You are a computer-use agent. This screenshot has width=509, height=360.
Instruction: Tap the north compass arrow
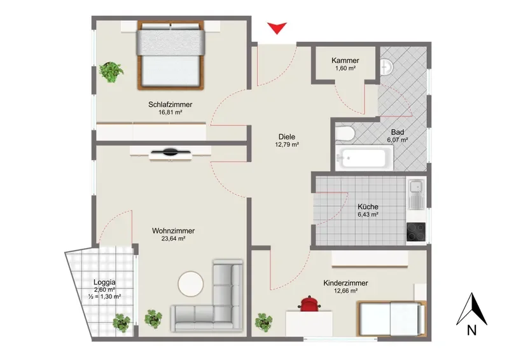click(x=471, y=309)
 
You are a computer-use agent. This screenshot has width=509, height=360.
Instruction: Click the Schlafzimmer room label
click(x=170, y=104)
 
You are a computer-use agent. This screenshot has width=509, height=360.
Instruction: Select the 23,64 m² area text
click(x=173, y=239)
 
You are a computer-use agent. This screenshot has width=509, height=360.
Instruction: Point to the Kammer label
click(x=345, y=60)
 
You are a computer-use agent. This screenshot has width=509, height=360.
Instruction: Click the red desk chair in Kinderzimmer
click(x=310, y=303)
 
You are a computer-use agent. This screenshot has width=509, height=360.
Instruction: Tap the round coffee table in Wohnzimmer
click(x=190, y=284)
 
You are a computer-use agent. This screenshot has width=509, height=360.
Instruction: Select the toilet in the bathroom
click(x=344, y=134)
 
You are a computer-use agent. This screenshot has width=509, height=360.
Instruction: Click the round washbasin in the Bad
click(x=387, y=67)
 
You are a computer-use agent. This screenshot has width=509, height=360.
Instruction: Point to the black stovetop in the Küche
click(x=416, y=232)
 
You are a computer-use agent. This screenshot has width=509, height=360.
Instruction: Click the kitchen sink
click(x=416, y=194)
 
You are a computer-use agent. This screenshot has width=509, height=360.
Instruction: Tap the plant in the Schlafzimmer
click(x=111, y=72)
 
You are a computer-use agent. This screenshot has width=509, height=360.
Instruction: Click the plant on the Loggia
click(x=122, y=322)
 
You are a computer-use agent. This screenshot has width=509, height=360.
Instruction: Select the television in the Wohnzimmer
click(x=170, y=152)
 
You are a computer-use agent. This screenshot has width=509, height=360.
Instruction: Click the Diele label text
click(x=287, y=137)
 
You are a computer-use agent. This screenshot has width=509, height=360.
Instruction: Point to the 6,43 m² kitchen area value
click(x=368, y=214)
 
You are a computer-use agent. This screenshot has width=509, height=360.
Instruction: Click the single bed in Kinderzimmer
click(x=391, y=318)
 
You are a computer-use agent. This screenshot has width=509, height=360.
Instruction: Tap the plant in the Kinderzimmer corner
click(x=263, y=322)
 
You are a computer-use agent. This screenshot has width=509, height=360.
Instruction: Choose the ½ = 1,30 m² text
click(x=104, y=296)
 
